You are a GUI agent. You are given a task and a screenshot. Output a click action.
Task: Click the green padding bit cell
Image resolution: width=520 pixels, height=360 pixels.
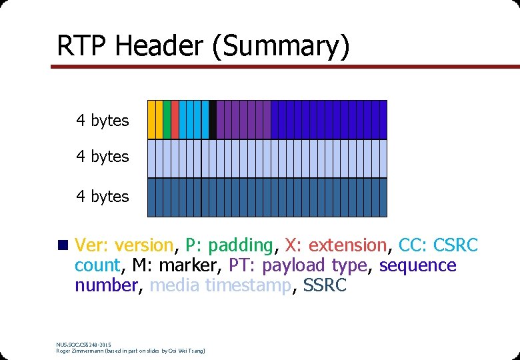click(167, 119)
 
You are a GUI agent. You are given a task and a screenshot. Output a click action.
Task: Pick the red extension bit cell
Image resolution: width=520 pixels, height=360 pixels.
click(175, 119)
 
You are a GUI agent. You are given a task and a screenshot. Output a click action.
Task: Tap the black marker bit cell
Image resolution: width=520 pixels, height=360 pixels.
click(213, 119)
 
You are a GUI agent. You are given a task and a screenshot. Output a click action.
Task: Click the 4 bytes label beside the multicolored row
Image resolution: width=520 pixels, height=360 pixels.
click(102, 121)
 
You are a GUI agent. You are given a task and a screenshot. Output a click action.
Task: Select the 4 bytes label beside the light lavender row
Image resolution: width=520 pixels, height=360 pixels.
click(102, 157)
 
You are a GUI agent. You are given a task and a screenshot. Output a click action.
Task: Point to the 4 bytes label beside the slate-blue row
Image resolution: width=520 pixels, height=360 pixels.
click(102, 197)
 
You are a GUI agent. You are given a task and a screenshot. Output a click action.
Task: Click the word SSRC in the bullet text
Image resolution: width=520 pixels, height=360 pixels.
click(325, 285)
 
